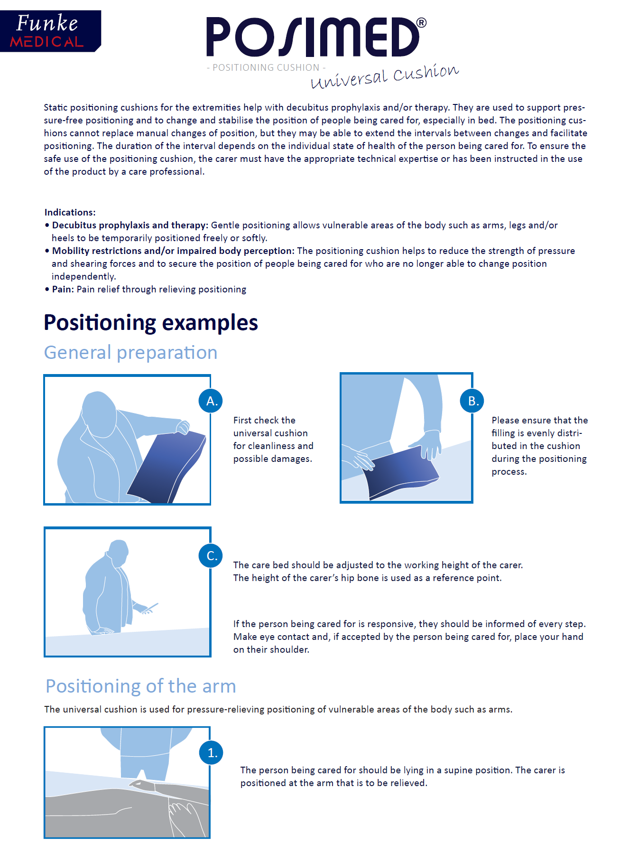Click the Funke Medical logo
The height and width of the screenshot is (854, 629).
[x=50, y=31]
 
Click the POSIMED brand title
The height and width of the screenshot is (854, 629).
[x=313, y=37]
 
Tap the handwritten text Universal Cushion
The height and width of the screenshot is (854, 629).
[x=385, y=76]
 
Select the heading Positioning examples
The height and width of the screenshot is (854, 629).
[x=151, y=323]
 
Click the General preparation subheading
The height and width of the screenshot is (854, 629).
[x=130, y=353]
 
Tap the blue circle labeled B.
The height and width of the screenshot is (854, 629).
[x=472, y=401]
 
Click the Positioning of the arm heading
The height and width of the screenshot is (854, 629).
[x=140, y=686]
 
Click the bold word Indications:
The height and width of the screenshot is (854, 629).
[x=70, y=212]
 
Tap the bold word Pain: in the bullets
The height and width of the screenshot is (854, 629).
[x=63, y=289]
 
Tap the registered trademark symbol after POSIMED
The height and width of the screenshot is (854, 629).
[x=421, y=23]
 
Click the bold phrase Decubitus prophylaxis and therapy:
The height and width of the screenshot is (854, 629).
[x=130, y=225]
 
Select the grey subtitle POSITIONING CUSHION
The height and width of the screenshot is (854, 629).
[x=266, y=67]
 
